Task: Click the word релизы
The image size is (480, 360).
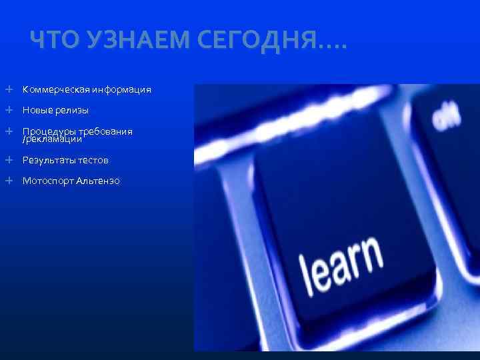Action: point(73,110)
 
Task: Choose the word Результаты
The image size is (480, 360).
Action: point(49,160)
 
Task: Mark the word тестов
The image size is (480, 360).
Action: point(93,160)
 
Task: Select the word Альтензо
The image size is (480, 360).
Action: point(98,181)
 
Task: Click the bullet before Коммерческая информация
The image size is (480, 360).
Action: point(9,89)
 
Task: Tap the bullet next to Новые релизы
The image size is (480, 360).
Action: point(9,110)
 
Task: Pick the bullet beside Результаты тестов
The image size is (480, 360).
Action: point(9,160)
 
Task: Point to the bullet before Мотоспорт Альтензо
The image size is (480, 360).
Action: point(9,181)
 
